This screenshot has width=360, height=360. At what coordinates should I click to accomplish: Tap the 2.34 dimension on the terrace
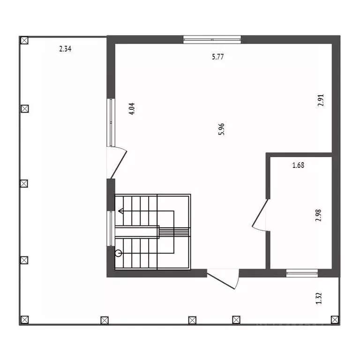(65, 48)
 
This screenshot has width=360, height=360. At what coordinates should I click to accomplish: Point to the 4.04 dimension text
(132, 109)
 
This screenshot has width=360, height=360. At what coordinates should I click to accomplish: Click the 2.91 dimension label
(321, 101)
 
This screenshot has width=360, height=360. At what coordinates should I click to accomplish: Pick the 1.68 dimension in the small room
(299, 165)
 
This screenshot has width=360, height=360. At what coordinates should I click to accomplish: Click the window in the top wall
(212, 39)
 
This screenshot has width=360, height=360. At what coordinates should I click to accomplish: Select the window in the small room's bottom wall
(302, 273)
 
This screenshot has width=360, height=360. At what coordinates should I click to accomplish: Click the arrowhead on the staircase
(121, 211)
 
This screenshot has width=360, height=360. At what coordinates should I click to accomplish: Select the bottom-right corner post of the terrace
(335, 320)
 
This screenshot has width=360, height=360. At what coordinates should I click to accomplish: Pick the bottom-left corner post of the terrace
(24, 320)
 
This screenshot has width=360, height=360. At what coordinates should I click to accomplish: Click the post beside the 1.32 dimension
(335, 320)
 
